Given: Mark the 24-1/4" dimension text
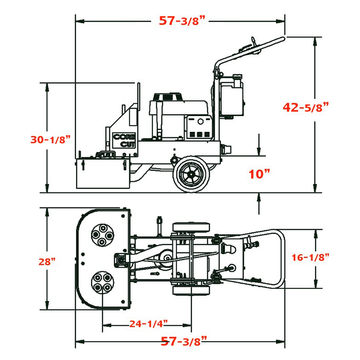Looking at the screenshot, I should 148,323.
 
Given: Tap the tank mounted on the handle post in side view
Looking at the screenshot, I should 232,94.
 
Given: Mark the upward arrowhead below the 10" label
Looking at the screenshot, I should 259,196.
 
